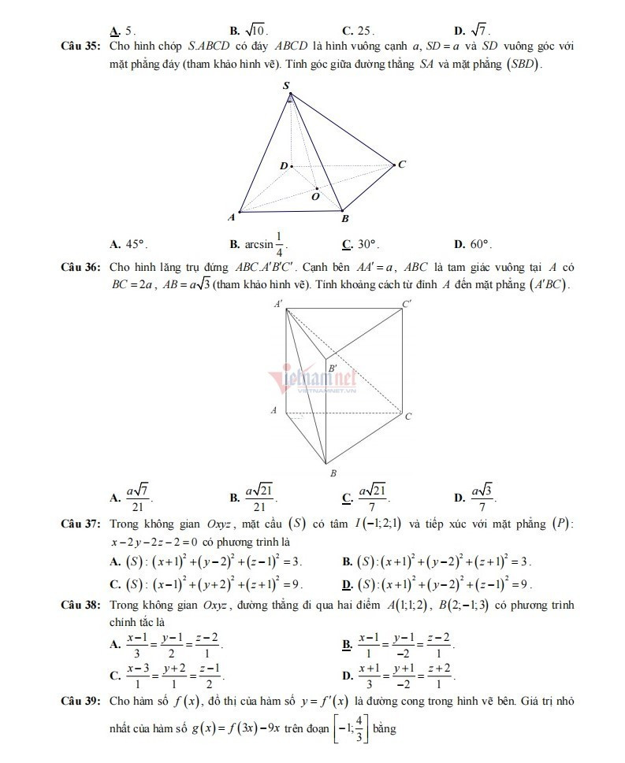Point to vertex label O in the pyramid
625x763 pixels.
click(x=314, y=198)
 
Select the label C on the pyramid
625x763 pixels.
click(x=401, y=165)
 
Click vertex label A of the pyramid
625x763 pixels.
click(x=231, y=217)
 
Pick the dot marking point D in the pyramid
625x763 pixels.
click(x=292, y=166)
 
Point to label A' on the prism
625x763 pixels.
click(x=278, y=303)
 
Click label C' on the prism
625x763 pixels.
click(x=406, y=303)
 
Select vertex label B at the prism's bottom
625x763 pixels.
click(x=333, y=472)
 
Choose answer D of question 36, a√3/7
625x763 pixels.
click(x=483, y=496)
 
